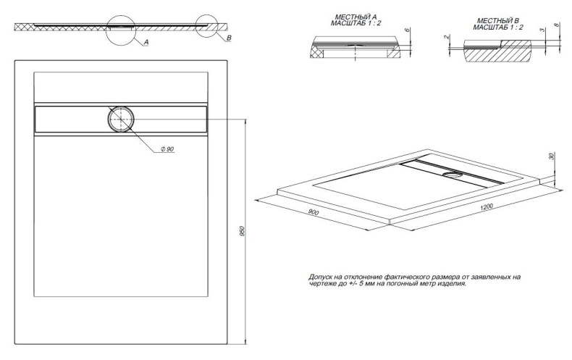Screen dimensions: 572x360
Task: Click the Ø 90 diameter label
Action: tap(167, 148)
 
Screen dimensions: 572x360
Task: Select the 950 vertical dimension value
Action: tap(242, 231)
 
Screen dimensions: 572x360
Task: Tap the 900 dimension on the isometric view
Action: tap(314, 212)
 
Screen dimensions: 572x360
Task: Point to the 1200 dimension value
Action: tap(487, 207)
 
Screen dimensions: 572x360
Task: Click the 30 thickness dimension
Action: tap(551, 156)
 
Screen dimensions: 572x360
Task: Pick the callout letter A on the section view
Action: tap(146, 42)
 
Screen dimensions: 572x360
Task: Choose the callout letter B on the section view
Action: tap(229, 38)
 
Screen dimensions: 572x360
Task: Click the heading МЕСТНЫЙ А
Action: tap(356, 17)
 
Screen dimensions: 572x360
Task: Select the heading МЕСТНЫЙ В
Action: tap(498, 21)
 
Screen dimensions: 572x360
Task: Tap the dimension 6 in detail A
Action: tap(408, 30)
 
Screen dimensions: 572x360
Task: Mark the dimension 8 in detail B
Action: tap(556, 25)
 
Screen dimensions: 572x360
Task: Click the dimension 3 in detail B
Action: tap(542, 30)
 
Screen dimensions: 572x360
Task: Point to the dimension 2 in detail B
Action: tap(446, 37)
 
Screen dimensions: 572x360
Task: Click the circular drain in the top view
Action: tap(121, 119)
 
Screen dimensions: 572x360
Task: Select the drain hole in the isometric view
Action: tap(453, 175)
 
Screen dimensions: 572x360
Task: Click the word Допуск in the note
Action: tap(319, 277)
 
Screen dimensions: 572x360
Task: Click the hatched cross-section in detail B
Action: tap(496, 53)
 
